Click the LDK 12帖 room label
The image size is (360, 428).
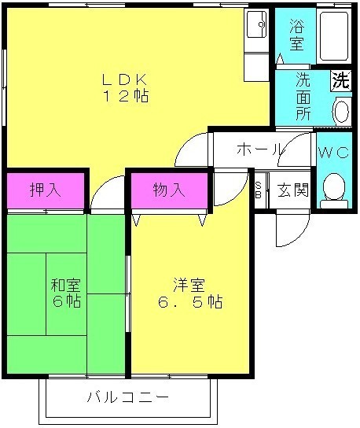[126, 87]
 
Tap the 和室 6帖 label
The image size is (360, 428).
[66, 293]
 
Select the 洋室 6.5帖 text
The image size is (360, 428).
[190, 293]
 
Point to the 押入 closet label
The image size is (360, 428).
[46, 190]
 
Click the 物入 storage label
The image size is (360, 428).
[169, 190]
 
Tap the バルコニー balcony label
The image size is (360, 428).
[128, 397]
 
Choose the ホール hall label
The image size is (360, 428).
[259, 149]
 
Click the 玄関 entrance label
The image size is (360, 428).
[293, 190]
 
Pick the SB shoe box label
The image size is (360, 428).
[258, 190]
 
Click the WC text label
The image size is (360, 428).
[334, 153]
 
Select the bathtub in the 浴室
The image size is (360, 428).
[334, 35]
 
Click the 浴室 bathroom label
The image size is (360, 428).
[296, 35]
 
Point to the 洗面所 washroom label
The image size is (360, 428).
[303, 96]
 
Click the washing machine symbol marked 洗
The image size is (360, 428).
[340, 81]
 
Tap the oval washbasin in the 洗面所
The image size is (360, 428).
[342, 111]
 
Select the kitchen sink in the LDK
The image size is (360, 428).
[256, 24]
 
